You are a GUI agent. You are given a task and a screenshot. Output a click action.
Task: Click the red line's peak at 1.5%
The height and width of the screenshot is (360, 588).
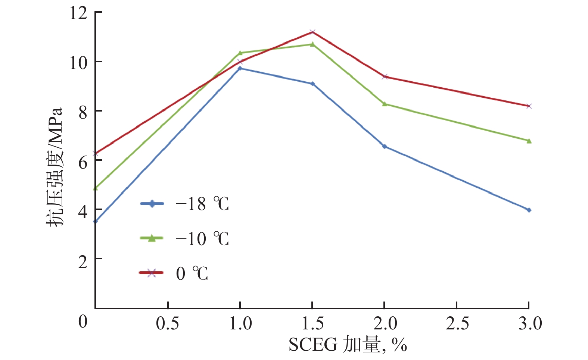[312, 32]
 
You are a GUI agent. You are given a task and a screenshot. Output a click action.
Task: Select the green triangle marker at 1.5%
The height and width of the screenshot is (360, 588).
[312, 44]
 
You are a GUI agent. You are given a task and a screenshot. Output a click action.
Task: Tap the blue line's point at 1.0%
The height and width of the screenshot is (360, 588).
[240, 68]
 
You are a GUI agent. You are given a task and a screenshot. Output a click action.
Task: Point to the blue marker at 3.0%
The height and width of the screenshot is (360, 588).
[529, 210]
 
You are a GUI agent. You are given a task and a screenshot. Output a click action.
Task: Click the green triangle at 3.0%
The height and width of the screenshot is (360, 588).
[529, 141]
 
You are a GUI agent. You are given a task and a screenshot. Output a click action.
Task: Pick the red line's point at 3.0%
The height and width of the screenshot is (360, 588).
[529, 106]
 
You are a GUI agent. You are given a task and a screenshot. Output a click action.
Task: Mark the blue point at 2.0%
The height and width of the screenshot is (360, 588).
[385, 146]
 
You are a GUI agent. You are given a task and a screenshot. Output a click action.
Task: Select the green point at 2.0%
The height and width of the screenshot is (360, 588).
[385, 104]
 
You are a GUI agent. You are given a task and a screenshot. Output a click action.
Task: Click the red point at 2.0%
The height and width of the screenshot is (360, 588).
[385, 76]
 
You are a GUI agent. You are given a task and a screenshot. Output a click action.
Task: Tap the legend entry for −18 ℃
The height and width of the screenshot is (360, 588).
[202, 204]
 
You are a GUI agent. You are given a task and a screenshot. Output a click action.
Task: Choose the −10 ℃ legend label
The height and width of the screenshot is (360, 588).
[202, 239]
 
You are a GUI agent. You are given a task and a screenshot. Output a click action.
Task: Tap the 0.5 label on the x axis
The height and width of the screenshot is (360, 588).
[168, 323]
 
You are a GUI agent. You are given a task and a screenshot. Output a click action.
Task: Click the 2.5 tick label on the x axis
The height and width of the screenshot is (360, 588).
[457, 323]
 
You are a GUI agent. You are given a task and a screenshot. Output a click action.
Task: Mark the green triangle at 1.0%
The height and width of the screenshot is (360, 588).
[240, 53]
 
